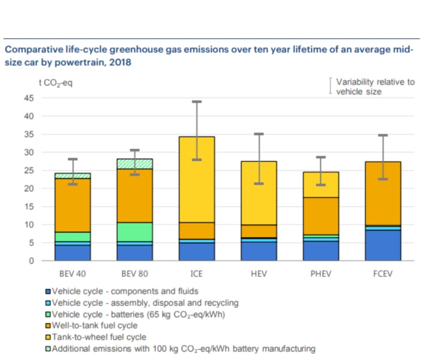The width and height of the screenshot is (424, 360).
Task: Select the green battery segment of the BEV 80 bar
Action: pos(135,232)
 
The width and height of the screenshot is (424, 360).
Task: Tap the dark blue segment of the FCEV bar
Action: pos(383,245)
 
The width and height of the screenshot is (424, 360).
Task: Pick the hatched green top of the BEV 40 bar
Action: pos(72,176)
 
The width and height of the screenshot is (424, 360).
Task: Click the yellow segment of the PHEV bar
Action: pos(321,185)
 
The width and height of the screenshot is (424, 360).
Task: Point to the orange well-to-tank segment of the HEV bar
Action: pos(259,231)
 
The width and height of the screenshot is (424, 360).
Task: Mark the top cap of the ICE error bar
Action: pos(197,101)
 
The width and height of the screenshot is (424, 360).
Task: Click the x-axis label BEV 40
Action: pos(72,274)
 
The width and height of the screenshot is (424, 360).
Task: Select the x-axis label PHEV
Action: pos(321,274)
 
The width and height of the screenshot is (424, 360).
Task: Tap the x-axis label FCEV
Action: pos(383,274)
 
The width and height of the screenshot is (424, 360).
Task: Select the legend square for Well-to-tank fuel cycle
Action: pos(48,326)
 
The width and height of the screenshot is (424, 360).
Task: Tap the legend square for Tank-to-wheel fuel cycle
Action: pos(48,337)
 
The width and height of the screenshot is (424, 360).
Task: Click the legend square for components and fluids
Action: pos(48,291)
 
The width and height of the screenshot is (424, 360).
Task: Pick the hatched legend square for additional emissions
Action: pos(48,349)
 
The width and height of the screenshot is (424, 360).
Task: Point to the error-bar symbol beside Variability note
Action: pos(330,86)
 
